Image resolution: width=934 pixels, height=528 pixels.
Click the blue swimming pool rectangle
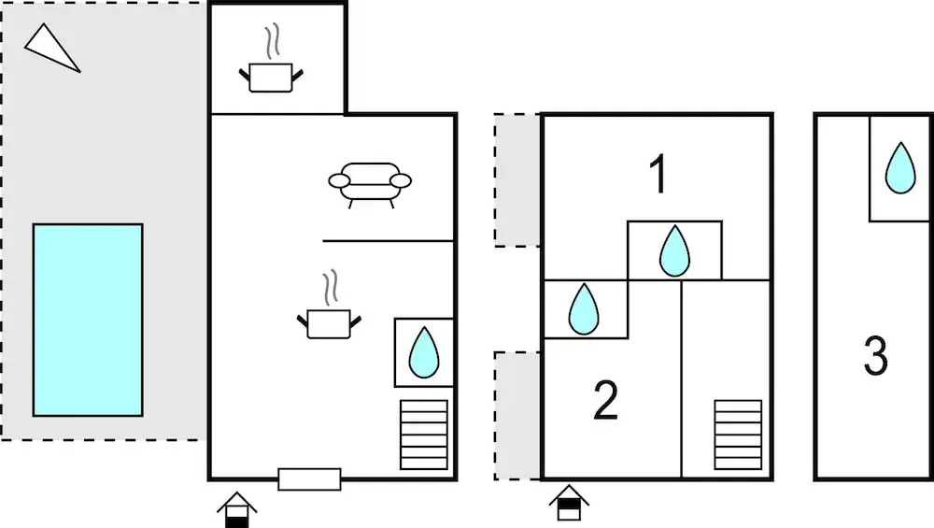[88, 320]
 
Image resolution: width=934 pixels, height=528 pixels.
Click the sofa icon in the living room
[370, 185]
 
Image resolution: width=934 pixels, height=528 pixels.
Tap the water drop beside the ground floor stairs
[423, 352]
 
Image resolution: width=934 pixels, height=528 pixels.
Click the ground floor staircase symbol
[423, 435]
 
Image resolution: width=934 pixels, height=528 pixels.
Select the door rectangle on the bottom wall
[309, 479]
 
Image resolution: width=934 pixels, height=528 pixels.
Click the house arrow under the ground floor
[236, 509]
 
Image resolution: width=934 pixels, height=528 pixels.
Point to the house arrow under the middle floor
[569, 503]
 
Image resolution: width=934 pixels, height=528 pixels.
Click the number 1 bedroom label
[658, 174]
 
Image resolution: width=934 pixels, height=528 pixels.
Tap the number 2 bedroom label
[606, 400]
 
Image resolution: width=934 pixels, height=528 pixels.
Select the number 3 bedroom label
[876, 355]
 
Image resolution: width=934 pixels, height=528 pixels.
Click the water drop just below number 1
[674, 250]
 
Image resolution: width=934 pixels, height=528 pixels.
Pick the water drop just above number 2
[583, 308]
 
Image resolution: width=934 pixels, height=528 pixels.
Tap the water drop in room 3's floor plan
[900, 168]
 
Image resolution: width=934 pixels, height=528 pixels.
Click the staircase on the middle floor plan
[738, 435]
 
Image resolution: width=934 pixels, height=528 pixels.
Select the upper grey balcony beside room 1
[517, 180]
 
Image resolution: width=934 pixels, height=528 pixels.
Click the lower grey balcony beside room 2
[517, 416]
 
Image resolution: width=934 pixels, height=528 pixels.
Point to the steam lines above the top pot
[272, 42]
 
